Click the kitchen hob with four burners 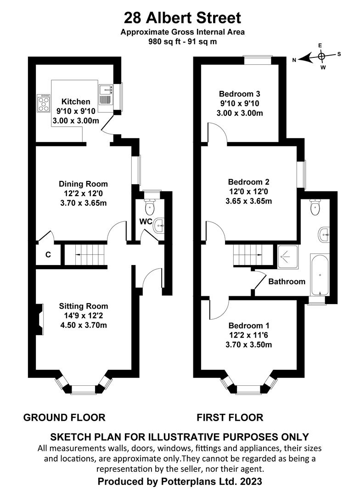tap(44, 103)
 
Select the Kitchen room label tap(76, 101)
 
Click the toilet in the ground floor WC tap(149, 206)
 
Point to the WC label tap(146, 221)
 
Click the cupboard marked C tap(48, 254)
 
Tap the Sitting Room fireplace tap(39, 319)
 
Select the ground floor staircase tap(85, 254)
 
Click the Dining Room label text tap(83, 184)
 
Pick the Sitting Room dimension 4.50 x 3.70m tap(84, 325)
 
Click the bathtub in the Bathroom tap(320, 274)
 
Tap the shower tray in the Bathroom tap(287, 257)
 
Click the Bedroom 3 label tap(240, 94)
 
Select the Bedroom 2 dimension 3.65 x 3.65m tap(248, 201)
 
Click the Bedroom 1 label tap(249, 326)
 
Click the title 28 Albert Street tap(183, 18)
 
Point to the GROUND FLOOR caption tap(64, 417)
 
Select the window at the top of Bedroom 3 tap(257, 60)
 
